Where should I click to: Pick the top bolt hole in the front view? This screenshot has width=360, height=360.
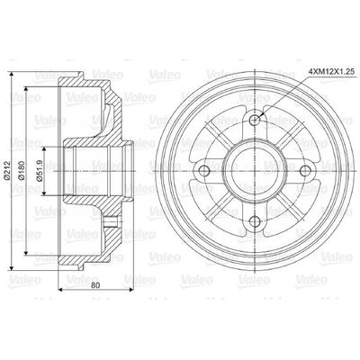[256, 119]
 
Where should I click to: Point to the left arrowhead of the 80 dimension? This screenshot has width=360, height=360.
[59, 288]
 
